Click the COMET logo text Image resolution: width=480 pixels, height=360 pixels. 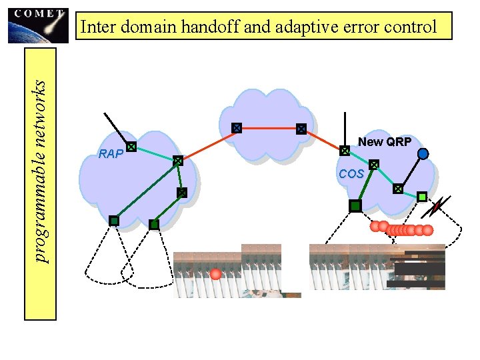coord(38,13)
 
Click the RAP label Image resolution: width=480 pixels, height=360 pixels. coord(111,155)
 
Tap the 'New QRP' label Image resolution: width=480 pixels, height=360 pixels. coord(385,141)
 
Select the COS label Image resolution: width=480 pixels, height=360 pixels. coord(351,174)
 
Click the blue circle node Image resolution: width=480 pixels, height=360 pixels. coord(423,154)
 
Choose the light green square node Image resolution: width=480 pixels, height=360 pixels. coord(422,197)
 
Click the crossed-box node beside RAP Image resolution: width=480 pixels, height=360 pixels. coord(131,146)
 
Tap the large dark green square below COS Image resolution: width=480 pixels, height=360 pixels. coord(355,207)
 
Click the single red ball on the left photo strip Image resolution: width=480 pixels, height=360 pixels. coord(215,274)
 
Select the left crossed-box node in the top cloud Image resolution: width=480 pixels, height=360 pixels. coord(236,127)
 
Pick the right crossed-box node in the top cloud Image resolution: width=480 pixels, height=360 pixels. coord(301,129)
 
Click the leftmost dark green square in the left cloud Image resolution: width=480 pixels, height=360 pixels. coord(114,221)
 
